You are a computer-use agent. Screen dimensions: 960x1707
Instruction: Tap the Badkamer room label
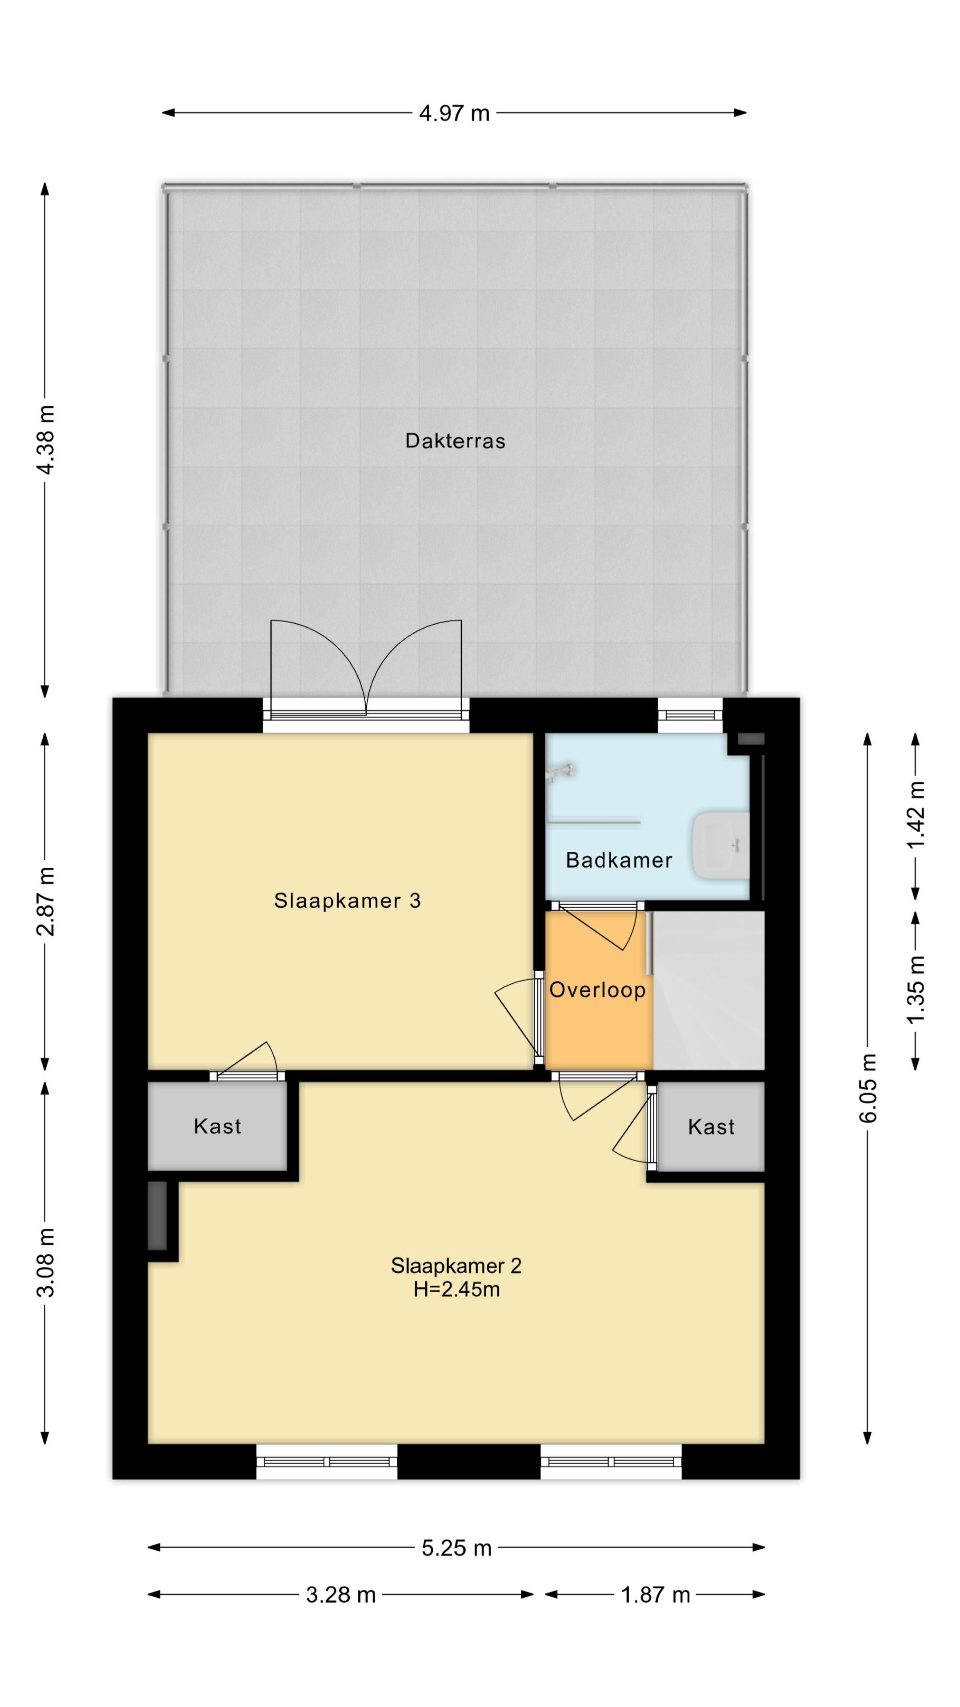(619, 860)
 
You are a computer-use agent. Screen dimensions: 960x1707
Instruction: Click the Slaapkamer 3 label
(347, 901)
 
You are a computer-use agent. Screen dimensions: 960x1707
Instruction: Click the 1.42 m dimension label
(916, 814)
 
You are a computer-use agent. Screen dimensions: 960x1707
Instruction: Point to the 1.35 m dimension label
(916, 990)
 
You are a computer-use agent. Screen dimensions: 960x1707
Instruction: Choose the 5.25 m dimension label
(456, 1548)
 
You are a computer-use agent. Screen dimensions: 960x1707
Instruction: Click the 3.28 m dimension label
(340, 1595)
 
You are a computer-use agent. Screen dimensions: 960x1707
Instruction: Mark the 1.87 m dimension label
(655, 1595)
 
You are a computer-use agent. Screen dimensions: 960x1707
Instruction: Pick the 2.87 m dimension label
(46, 901)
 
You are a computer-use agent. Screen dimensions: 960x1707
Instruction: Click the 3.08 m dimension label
(46, 1262)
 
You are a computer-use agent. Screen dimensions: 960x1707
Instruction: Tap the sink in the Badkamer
(720, 846)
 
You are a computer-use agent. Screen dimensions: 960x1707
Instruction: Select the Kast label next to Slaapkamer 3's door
(217, 1126)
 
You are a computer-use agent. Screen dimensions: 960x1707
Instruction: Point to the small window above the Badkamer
(690, 714)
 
